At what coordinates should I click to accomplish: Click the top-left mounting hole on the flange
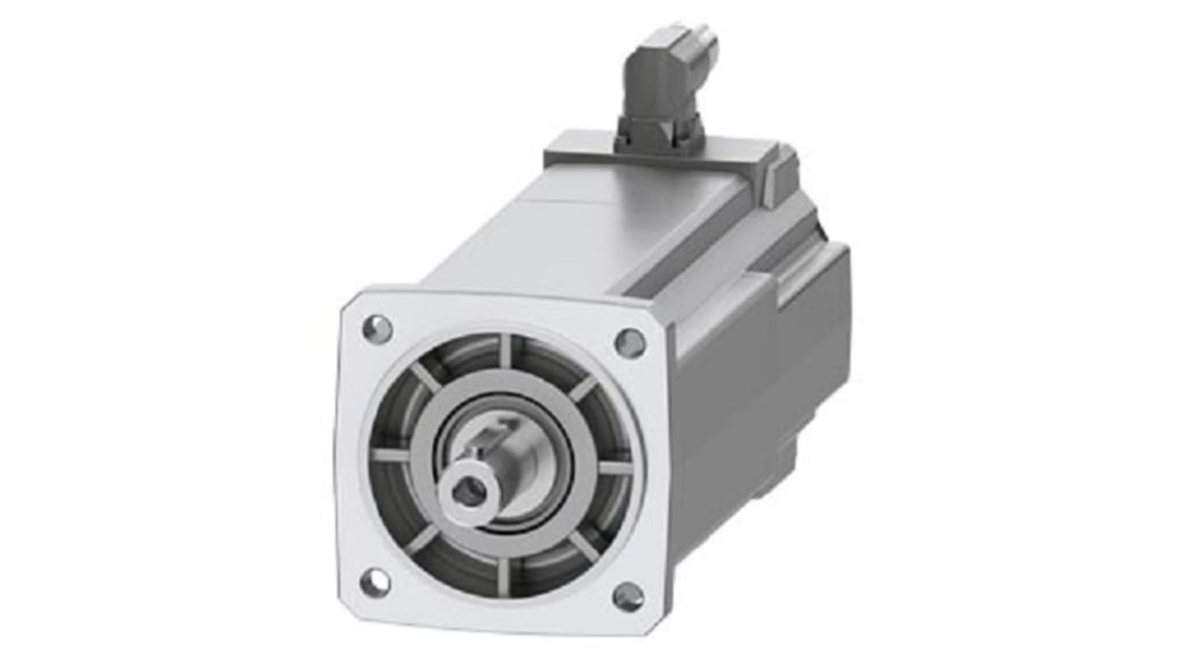tap(377, 329)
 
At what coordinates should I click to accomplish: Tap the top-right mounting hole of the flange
tap(630, 342)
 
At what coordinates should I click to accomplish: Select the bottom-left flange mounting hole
tap(374, 582)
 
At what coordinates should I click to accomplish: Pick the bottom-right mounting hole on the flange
tap(628, 596)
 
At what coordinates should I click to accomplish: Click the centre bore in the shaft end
tap(469, 493)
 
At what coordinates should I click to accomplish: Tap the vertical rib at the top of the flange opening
tap(505, 350)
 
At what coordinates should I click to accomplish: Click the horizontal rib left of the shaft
tap(390, 455)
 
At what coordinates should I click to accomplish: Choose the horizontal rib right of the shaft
tap(615, 468)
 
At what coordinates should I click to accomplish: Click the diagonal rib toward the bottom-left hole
tap(422, 540)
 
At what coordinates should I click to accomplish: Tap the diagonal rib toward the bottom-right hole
tap(583, 546)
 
